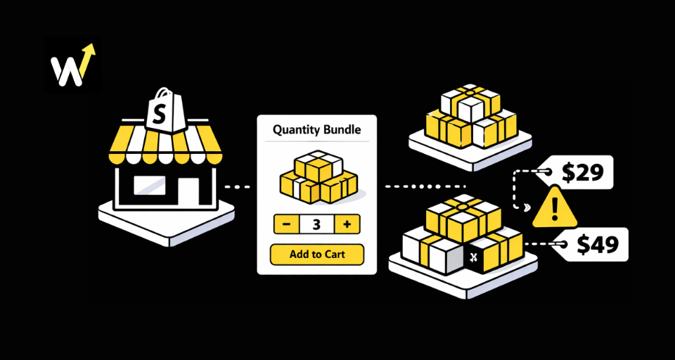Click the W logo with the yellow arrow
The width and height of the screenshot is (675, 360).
[73, 65]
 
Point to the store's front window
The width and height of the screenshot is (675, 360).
[150, 186]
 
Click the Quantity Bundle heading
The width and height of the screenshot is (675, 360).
[316, 129]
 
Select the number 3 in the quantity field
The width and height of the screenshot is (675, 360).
[316, 225]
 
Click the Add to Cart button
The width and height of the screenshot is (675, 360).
[317, 254]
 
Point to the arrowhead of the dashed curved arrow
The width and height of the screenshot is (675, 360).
[524, 207]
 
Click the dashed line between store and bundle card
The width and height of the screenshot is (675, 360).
[237, 187]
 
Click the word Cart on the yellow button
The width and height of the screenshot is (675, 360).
[333, 254]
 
